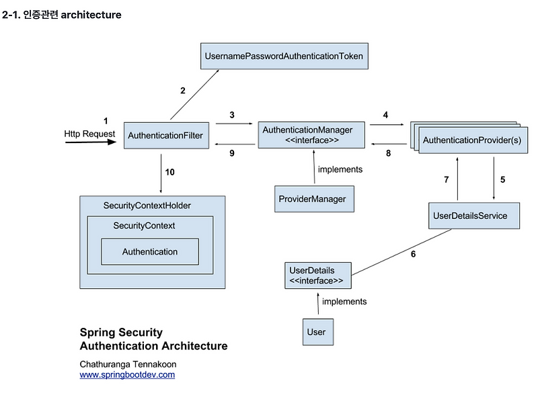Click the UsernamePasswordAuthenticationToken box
click(x=284, y=56)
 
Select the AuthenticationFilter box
click(x=166, y=135)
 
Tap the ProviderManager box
click(x=314, y=199)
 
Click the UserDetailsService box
click(x=474, y=216)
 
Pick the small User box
click(x=318, y=332)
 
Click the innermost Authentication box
click(x=150, y=252)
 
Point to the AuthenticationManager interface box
click(x=311, y=135)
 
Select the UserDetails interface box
click(x=318, y=275)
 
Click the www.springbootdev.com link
click(x=127, y=374)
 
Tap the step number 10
click(x=170, y=172)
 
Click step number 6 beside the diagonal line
click(x=413, y=254)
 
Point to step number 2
click(x=183, y=91)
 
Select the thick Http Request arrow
click(x=91, y=142)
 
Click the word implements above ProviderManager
click(x=340, y=169)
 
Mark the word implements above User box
click(x=344, y=302)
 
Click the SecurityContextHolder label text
click(x=147, y=206)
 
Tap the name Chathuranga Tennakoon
click(x=128, y=364)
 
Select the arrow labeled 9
click(x=235, y=144)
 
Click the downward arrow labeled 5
click(x=494, y=178)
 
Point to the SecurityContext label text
click(x=144, y=226)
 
